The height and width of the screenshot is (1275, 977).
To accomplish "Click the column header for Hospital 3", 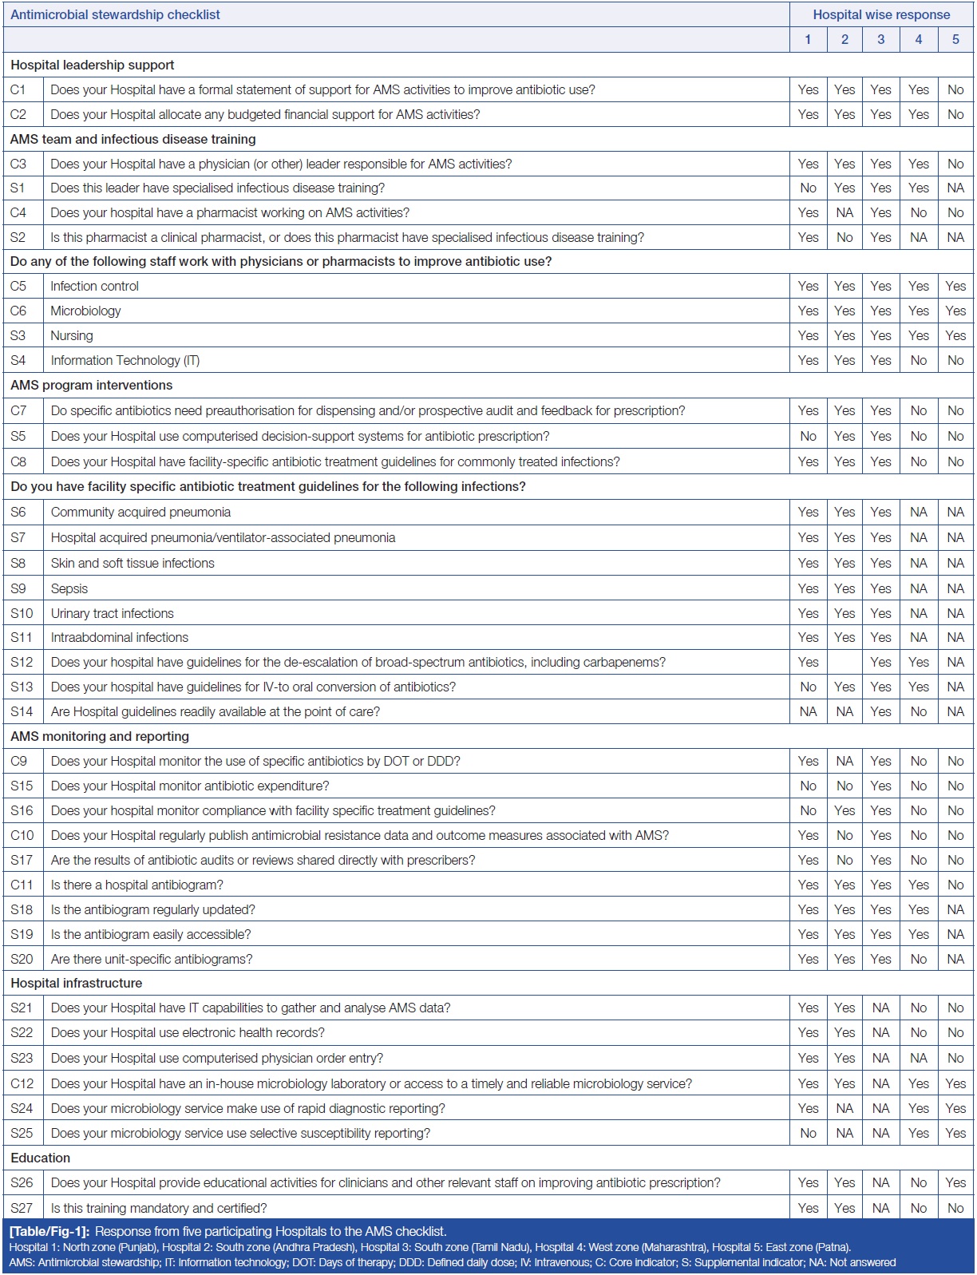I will coord(880,39).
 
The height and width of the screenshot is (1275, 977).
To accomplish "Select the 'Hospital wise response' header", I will coord(881,14).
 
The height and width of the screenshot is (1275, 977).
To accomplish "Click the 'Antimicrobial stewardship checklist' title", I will coord(115,14).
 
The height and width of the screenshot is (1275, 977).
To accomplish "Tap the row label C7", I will coord(18,410).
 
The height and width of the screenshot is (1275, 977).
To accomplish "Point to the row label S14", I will coord(22,711).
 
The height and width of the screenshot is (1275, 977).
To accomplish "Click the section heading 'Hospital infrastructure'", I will coord(76,983).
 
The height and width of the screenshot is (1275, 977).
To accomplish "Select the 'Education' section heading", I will coord(40,1158).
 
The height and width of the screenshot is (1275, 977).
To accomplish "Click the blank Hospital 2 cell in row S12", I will coord(844,662).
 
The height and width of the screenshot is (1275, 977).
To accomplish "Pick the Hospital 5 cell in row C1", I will coord(955,89).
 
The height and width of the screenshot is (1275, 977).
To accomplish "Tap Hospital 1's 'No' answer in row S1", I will coord(808,188).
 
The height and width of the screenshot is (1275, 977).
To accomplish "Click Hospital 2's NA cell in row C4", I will coord(844,212).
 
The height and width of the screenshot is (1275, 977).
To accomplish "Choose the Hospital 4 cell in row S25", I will coord(918,1133).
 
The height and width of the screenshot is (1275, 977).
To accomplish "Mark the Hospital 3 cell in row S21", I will coord(880,1008).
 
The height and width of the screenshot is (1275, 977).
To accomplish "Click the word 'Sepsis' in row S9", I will coord(69,588).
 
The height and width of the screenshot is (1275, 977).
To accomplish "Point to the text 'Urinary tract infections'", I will coord(112,613).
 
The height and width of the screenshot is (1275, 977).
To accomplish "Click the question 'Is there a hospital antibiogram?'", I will coord(136,885).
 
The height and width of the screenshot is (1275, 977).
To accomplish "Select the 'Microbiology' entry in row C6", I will coord(85,311).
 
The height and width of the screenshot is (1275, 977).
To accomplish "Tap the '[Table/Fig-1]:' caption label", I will coord(49,1231).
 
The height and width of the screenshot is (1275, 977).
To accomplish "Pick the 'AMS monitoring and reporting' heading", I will coord(100,736).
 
